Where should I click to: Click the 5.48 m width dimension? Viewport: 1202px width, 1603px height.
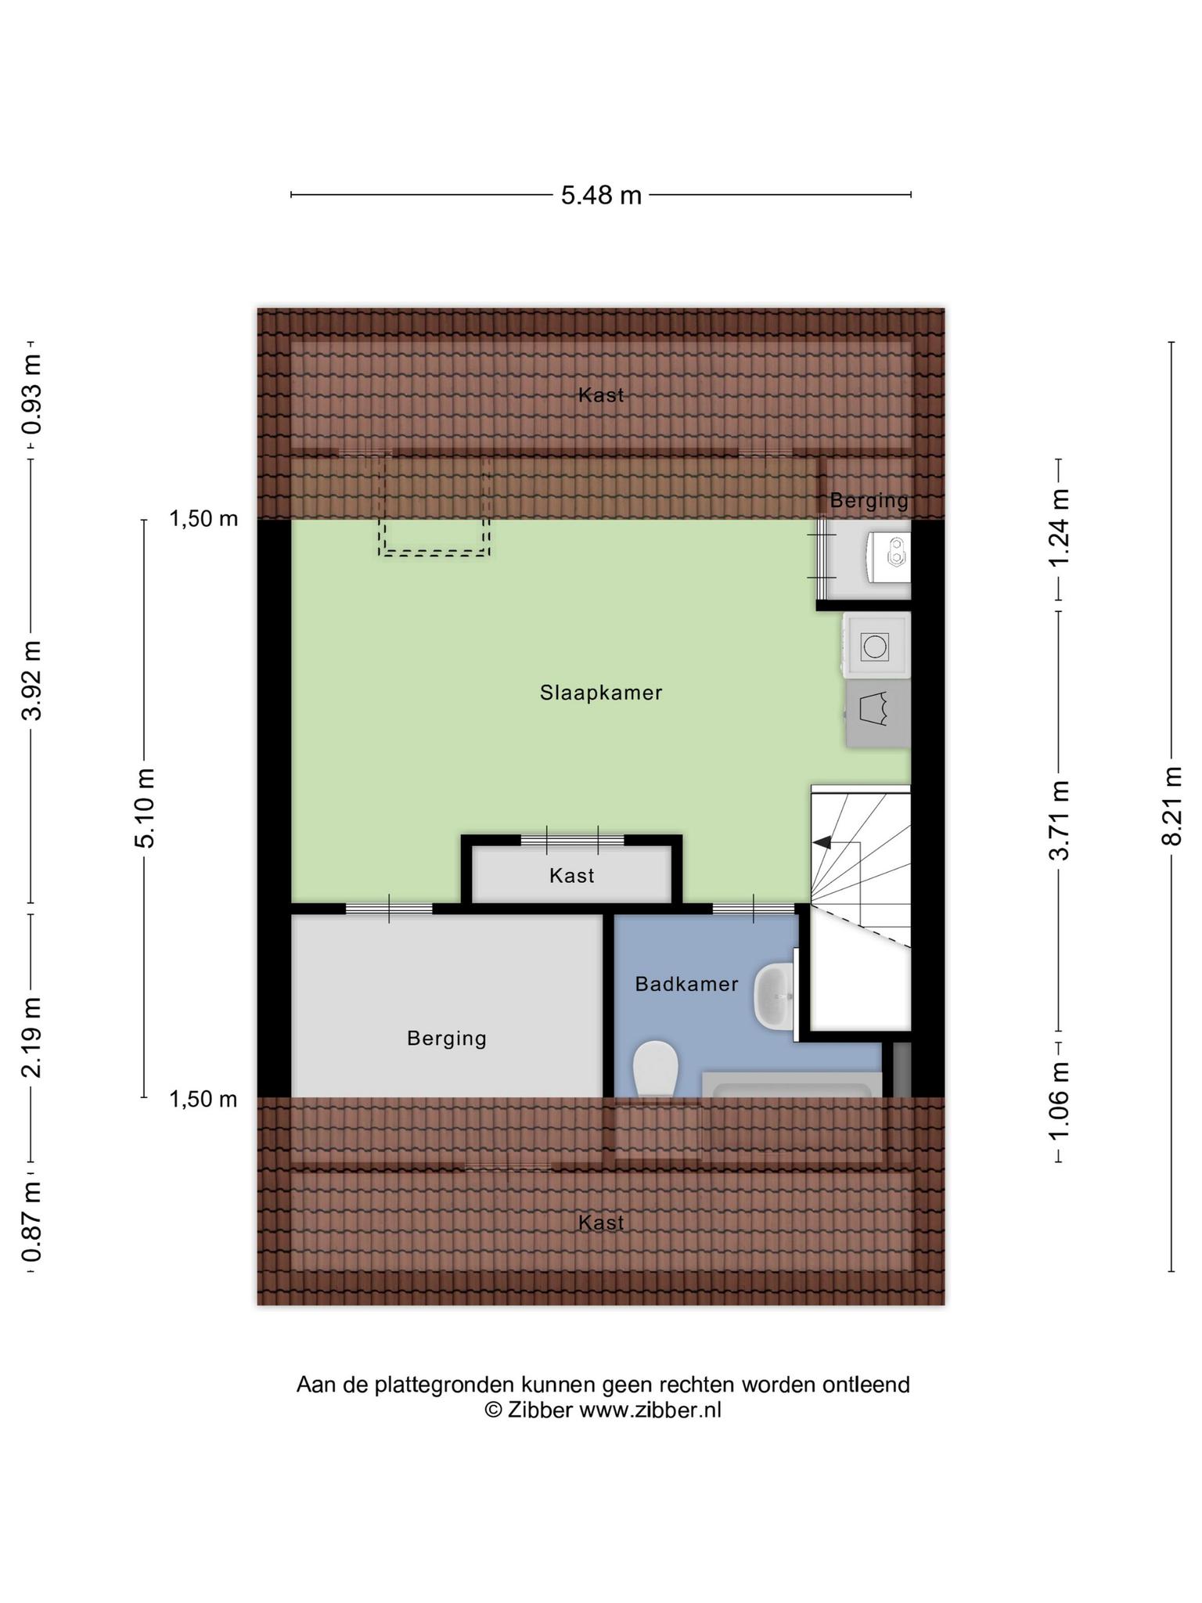[x=601, y=195]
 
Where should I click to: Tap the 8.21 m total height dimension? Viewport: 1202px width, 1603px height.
[x=1171, y=807]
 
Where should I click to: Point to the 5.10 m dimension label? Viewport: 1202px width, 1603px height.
[x=145, y=808]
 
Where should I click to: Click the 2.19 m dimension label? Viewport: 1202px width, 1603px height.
[x=31, y=1037]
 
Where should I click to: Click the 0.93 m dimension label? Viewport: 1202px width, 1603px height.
[x=31, y=394]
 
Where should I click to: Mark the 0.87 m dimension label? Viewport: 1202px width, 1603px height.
[x=31, y=1222]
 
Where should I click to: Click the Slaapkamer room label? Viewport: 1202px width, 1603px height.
[x=601, y=693]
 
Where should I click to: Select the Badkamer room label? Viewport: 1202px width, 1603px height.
[x=686, y=984]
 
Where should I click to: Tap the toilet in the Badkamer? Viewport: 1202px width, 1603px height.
[x=655, y=1069]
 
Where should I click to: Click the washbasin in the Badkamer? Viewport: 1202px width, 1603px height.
[x=774, y=996]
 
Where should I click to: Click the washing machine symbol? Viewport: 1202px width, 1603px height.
[x=876, y=645]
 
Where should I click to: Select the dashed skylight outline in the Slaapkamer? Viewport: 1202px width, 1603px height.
[x=435, y=506]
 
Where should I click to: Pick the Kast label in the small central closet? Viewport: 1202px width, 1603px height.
[x=571, y=876]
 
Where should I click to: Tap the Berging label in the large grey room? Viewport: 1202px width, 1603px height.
[x=447, y=1039]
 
